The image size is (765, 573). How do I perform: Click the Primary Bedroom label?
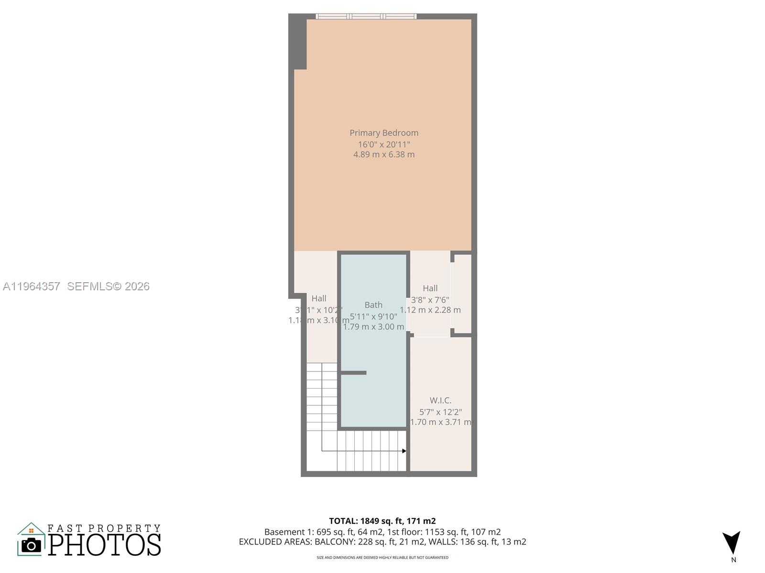(x=384, y=133)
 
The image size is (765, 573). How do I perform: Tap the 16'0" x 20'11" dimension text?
(x=384, y=144)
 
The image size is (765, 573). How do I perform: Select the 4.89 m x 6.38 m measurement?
(x=384, y=155)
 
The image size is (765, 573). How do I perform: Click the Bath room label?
(x=373, y=305)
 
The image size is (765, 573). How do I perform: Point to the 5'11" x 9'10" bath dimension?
(x=373, y=316)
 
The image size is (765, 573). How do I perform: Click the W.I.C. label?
(x=440, y=400)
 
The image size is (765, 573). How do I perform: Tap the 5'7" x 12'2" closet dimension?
(x=440, y=412)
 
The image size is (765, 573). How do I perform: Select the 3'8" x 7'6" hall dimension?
(x=430, y=300)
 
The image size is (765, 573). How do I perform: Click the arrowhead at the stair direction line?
(x=404, y=451)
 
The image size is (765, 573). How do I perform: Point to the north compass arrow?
(x=732, y=542)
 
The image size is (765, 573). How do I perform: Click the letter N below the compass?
(x=733, y=560)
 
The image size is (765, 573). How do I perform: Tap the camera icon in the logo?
(x=32, y=545)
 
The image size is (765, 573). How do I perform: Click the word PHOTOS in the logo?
(x=104, y=545)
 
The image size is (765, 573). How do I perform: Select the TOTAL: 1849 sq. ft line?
(x=382, y=521)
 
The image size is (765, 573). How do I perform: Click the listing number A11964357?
(x=32, y=286)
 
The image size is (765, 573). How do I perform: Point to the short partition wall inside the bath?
(x=353, y=373)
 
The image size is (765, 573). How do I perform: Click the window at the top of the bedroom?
(x=366, y=16)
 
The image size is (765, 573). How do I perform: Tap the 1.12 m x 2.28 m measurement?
(x=430, y=310)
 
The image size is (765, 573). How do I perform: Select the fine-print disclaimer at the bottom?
(x=382, y=558)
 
